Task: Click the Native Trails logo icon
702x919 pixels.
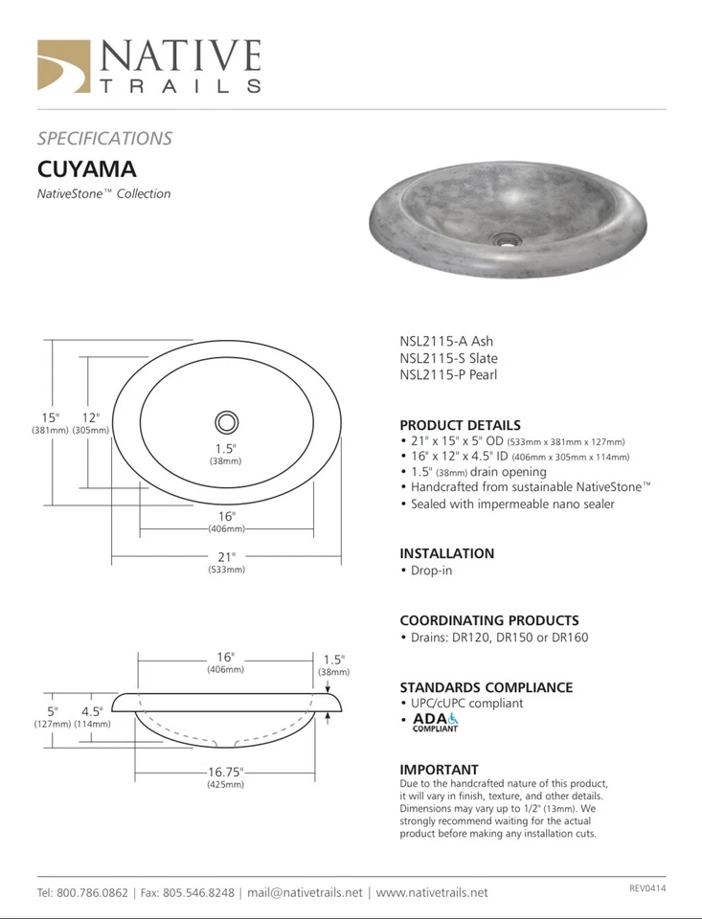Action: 63,66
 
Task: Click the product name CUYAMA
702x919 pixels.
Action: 86,169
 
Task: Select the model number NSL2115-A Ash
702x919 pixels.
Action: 446,341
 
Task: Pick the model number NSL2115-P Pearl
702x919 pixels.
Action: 448,375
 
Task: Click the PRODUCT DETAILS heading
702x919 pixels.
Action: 460,425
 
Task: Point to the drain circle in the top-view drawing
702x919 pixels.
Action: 227,421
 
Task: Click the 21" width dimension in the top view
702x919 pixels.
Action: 226,556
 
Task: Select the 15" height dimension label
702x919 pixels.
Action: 50,417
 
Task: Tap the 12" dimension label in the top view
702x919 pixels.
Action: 91,417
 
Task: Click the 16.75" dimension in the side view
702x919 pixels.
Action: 226,772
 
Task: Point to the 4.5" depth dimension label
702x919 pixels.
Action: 92,711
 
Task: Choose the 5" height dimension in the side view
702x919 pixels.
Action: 53,711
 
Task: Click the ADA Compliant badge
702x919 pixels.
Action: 436,722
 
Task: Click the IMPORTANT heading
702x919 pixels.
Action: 439,770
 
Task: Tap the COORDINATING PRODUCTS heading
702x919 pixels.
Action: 488,620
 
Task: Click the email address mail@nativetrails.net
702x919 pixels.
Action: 305,892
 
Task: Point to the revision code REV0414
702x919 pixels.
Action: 647,888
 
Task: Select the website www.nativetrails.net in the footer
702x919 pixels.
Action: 431,892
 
